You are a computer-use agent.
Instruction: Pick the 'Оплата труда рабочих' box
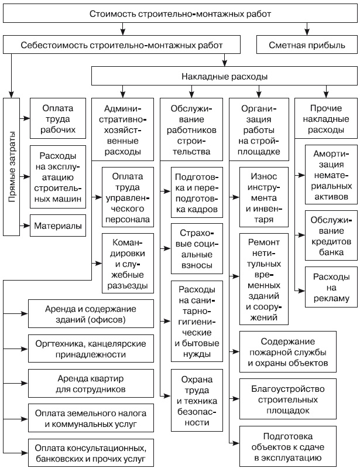coord(58,118)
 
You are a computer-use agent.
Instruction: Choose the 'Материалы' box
coord(58,224)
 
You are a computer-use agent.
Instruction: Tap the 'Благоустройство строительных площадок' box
coord(287,399)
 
